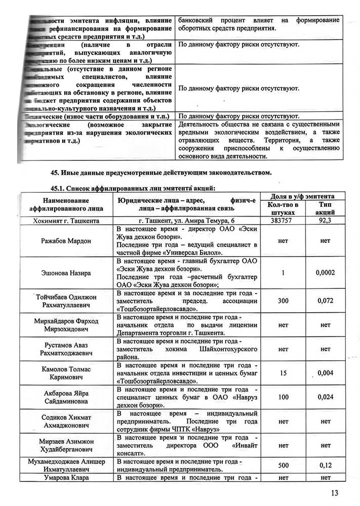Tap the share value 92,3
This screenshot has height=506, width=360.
[325, 221]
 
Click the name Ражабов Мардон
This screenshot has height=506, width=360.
[66, 241]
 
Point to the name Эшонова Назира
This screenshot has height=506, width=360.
[66, 273]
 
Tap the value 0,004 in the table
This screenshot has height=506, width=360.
[326, 374]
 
